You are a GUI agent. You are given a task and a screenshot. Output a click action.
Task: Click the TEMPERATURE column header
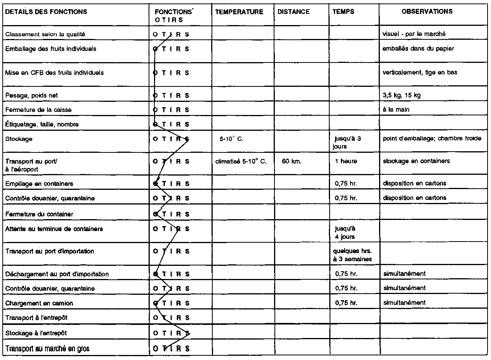click(x=239, y=12)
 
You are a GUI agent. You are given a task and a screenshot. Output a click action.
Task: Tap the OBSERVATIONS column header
click(x=427, y=12)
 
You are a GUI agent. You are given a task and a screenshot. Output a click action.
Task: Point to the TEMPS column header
click(x=343, y=12)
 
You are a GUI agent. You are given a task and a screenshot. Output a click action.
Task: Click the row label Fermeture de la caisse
click(x=38, y=110)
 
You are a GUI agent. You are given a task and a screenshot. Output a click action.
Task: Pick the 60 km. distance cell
click(x=291, y=161)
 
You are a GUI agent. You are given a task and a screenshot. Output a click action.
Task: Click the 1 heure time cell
click(x=346, y=161)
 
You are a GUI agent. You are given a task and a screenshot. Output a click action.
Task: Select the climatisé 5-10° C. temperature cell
click(x=241, y=161)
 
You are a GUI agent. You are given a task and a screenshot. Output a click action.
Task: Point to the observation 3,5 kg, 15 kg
click(x=401, y=95)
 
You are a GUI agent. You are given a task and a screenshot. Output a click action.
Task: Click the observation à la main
click(x=396, y=110)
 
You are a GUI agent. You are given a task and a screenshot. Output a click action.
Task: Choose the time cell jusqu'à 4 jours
click(x=345, y=233)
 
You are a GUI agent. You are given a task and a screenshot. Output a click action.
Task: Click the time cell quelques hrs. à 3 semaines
click(x=352, y=255)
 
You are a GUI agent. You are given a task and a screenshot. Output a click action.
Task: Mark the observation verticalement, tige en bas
click(x=420, y=73)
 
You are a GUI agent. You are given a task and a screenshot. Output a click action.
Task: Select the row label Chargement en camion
click(x=39, y=303)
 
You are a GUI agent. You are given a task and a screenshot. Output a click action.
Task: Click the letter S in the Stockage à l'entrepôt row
click(x=187, y=333)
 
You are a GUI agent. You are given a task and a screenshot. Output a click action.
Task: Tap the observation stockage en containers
click(x=416, y=161)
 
